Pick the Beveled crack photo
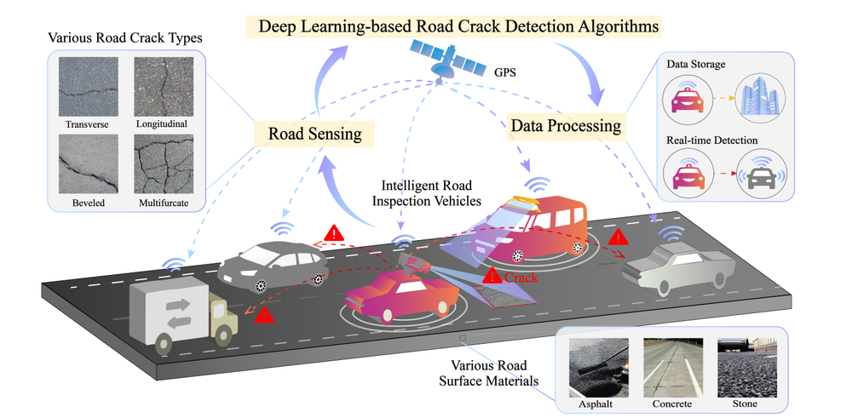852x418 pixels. (x=87, y=165)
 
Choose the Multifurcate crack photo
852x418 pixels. (x=161, y=165)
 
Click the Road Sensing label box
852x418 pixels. (x=315, y=134)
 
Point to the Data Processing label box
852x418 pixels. (x=566, y=126)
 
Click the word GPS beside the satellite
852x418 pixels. (x=504, y=72)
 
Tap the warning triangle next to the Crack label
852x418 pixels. (x=491, y=276)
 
